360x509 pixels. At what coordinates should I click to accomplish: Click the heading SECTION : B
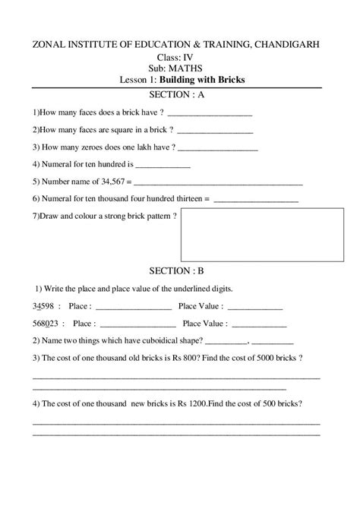179,270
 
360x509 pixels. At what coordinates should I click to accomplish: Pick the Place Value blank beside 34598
255,308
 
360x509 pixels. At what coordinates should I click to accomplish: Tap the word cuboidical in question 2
154,340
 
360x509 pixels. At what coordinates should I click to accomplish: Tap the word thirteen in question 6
186,199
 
